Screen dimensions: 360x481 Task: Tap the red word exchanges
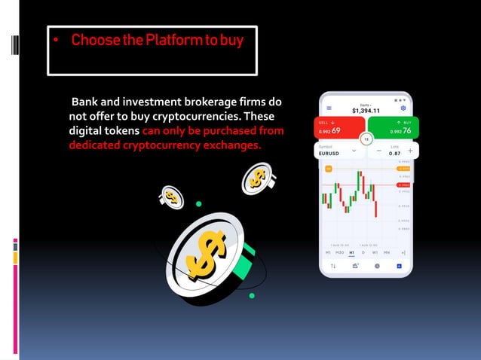[231, 145]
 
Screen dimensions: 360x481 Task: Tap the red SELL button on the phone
[339, 127]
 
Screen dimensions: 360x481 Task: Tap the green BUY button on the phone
[393, 127]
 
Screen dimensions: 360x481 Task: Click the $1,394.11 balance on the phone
[366, 110]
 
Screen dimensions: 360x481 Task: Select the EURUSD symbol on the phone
[329, 153]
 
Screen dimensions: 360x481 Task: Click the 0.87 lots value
[394, 153]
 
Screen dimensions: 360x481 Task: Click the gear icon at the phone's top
[403, 108]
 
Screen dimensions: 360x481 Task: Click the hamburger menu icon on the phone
[328, 108]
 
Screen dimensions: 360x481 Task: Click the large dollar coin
[204, 252]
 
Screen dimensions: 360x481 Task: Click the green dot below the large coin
[251, 295]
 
